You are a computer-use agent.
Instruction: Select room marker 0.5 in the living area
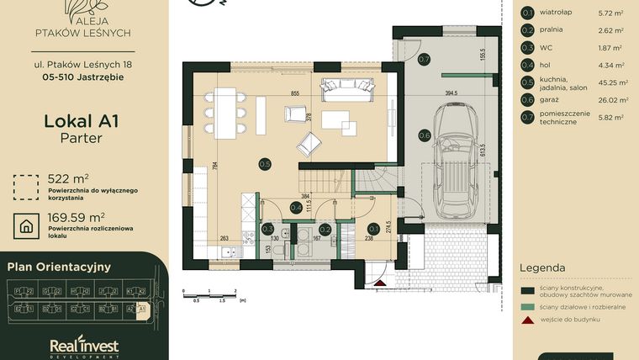pyautogui.click(x=265, y=163)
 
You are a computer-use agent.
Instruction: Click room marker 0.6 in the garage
pyautogui.click(x=425, y=135)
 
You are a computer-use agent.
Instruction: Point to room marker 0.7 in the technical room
pyautogui.click(x=425, y=59)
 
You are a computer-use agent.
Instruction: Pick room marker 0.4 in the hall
pyautogui.click(x=296, y=207)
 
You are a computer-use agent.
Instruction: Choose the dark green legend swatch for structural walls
pyautogui.click(x=528, y=291)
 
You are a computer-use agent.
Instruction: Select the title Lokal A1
pyautogui.click(x=81, y=121)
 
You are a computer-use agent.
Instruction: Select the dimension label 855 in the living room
pyautogui.click(x=295, y=93)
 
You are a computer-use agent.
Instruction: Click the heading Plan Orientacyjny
pyautogui.click(x=59, y=267)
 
